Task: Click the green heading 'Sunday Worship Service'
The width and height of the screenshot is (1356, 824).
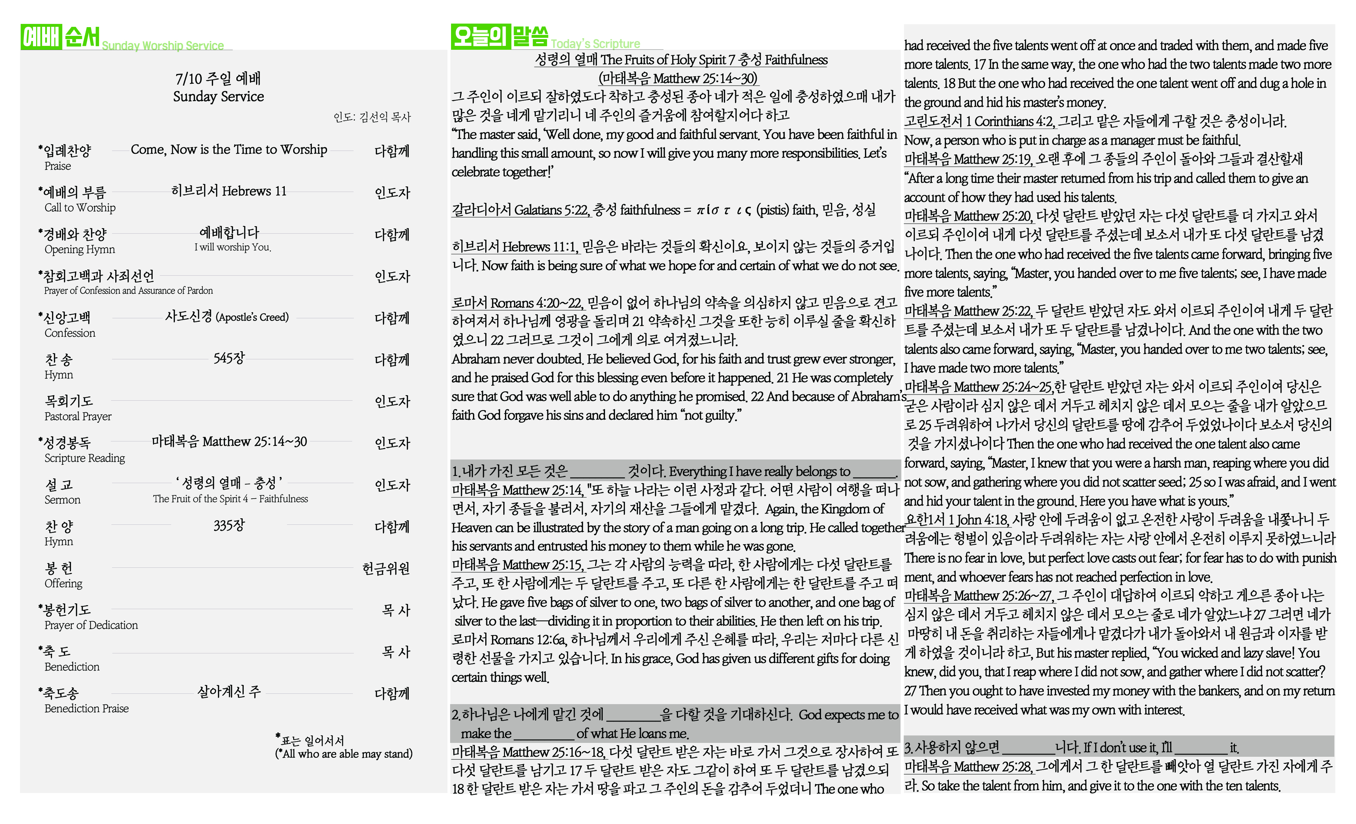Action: (x=163, y=45)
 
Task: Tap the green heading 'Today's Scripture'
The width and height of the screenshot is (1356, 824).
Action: (x=595, y=44)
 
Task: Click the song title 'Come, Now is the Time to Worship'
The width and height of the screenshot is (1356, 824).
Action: (x=229, y=149)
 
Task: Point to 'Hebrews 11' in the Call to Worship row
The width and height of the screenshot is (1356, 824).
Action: (x=254, y=191)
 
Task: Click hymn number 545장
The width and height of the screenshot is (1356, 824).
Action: (x=229, y=358)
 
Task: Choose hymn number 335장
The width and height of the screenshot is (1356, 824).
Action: (x=229, y=525)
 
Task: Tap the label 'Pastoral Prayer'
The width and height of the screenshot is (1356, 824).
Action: (x=77, y=417)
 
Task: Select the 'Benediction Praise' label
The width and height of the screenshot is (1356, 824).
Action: (x=87, y=708)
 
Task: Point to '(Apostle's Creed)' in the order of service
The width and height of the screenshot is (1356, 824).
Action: (x=252, y=317)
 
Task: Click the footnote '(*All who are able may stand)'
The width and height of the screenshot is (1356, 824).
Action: (x=344, y=754)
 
